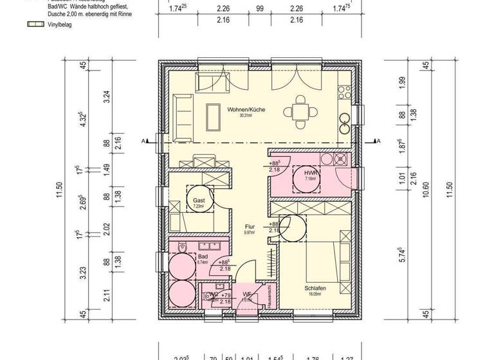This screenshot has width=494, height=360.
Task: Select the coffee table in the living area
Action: coord(211,116)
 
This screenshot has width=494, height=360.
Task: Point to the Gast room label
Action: coord(199,201)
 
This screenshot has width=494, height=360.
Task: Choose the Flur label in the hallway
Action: coord(250,227)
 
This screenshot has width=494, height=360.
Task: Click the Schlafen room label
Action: coord(315,289)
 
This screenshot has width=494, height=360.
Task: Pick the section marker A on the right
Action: coord(378,141)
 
